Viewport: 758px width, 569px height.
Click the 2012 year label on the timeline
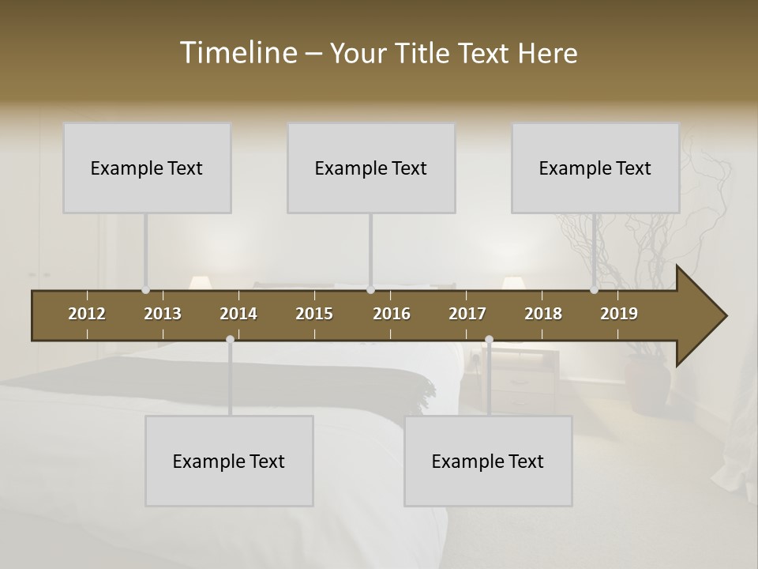pyautogui.click(x=87, y=314)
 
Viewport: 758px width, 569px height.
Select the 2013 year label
pyautogui.click(x=163, y=314)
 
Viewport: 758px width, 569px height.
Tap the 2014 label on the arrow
pyautogui.click(x=238, y=314)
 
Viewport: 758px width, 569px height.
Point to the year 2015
pyautogui.click(x=314, y=314)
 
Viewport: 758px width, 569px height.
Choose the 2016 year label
pyautogui.click(x=392, y=314)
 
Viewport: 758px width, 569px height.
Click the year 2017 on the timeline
pyautogui.click(x=467, y=314)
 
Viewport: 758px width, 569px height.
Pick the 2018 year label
pyautogui.click(x=543, y=314)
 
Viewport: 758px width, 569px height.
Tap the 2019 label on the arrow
pyautogui.click(x=619, y=314)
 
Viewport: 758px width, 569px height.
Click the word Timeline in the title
pyautogui.click(x=238, y=53)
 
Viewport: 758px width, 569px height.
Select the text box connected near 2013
pyautogui.click(x=147, y=168)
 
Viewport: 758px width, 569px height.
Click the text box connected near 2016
pyautogui.click(x=371, y=168)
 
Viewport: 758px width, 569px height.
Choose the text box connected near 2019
pyautogui.click(x=595, y=168)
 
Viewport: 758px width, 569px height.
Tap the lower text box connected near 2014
pyautogui.click(x=229, y=461)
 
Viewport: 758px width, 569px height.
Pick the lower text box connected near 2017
pyautogui.click(x=488, y=461)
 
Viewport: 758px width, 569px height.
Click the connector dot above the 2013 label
pyautogui.click(x=145, y=290)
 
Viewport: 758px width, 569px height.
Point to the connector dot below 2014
pyautogui.click(x=230, y=340)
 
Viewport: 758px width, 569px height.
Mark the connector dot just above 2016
pyautogui.click(x=370, y=290)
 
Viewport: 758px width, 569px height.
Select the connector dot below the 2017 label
pyautogui.click(x=489, y=340)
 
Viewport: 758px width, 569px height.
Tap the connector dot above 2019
pyautogui.click(x=594, y=290)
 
